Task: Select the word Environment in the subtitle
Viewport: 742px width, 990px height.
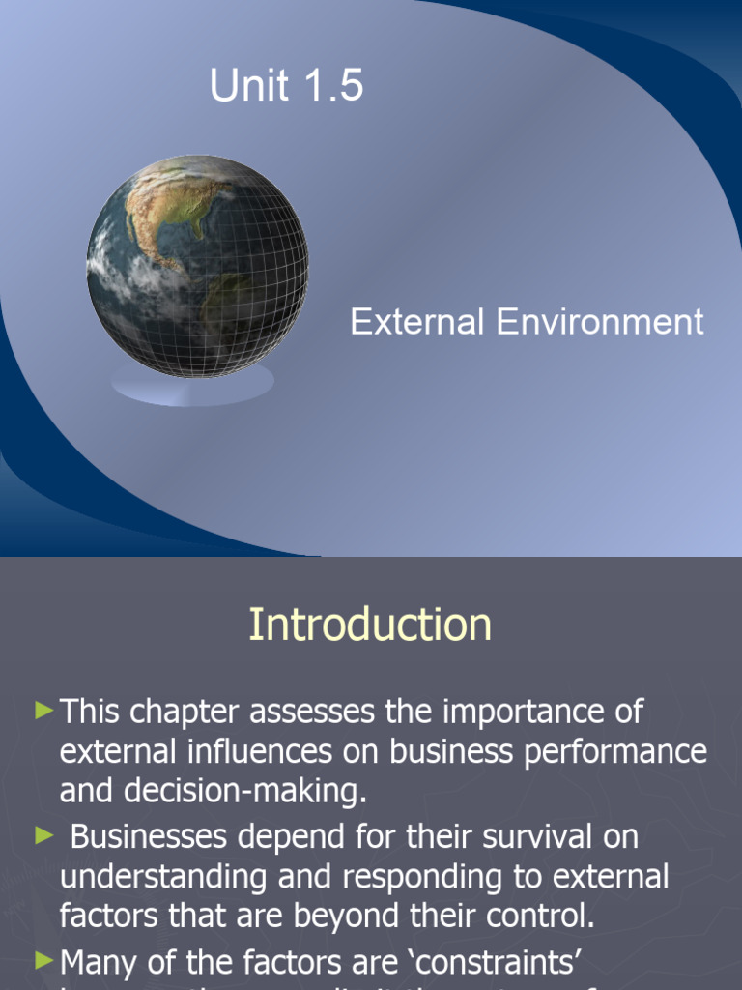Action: pos(600,322)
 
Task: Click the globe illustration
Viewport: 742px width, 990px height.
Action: pos(198,266)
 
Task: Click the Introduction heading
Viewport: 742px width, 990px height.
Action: pos(370,625)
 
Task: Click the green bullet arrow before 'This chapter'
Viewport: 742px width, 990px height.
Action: pos(44,712)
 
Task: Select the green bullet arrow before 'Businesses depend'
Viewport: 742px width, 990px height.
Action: pos(44,835)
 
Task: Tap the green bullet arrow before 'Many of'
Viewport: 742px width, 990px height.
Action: pos(44,959)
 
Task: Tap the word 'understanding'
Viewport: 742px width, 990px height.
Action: pos(149,878)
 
